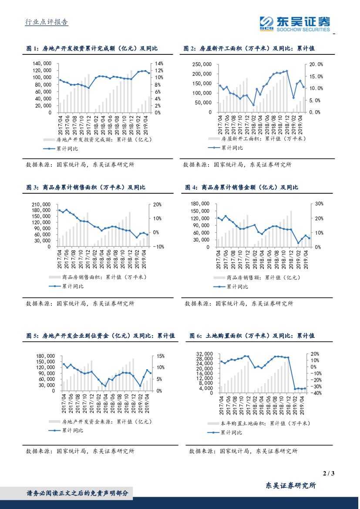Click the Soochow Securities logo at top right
coord(294,24)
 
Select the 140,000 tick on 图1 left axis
coord(43,64)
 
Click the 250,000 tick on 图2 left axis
coord(202,64)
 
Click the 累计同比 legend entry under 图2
coord(232,148)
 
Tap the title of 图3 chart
coord(86,187)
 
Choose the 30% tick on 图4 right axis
coord(319,204)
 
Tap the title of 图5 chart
coord(100,336)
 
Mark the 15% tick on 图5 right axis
coord(159,356)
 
